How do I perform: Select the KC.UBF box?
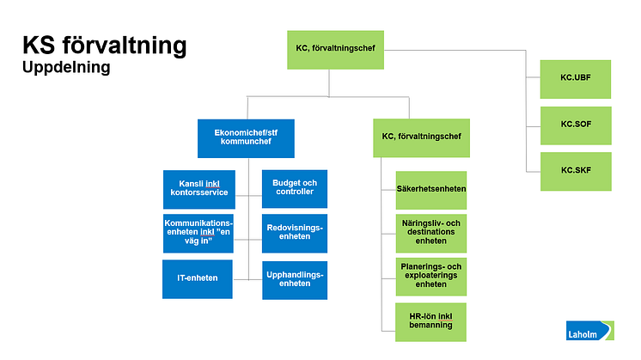pyautogui.click(x=575, y=78)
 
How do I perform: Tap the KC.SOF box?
pyautogui.click(x=575, y=124)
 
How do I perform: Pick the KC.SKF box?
pyautogui.click(x=575, y=170)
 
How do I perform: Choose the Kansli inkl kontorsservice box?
pyautogui.click(x=198, y=189)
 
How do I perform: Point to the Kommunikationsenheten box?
pyautogui.click(x=198, y=234)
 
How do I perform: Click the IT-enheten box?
pyautogui.click(x=198, y=279)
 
